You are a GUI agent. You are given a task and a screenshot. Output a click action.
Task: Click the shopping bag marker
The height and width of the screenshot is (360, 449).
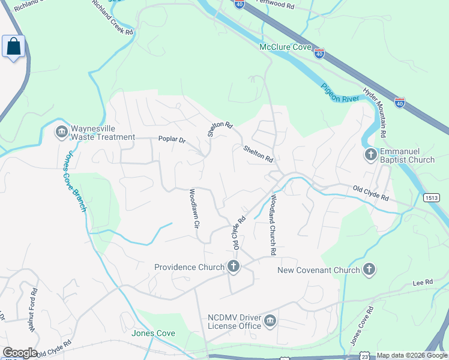pos(13,47)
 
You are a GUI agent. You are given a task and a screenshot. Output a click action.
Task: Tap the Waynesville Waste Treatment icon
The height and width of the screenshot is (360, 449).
pos(62,132)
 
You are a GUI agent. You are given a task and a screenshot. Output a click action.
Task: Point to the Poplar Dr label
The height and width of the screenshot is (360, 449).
pos(172,139)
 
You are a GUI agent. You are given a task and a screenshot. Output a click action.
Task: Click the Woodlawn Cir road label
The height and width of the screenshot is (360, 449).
pos(194,209)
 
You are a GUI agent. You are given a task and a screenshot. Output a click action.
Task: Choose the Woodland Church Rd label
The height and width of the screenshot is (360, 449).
pos(272,225)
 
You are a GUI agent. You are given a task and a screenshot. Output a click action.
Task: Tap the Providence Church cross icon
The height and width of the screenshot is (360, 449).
pos(234,267)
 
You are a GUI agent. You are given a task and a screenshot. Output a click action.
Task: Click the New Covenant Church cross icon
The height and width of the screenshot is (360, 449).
pos(369,270)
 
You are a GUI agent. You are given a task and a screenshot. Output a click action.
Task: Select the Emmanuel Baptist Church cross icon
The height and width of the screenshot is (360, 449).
pos(370,155)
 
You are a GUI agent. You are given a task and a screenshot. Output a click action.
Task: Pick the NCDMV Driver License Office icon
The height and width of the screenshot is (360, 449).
pos(271,322)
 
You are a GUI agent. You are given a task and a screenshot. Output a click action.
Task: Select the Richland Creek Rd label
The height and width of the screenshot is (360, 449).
pos(112,17)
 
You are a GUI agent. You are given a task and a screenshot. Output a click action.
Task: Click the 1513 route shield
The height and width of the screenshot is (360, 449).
pos(431,197)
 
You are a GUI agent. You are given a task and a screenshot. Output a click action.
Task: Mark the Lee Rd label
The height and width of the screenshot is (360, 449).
pos(423,282)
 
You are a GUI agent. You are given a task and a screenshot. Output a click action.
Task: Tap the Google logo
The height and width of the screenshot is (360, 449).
pos(19,353)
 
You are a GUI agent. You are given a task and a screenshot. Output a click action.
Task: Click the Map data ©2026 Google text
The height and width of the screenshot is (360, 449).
pos(412,355)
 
